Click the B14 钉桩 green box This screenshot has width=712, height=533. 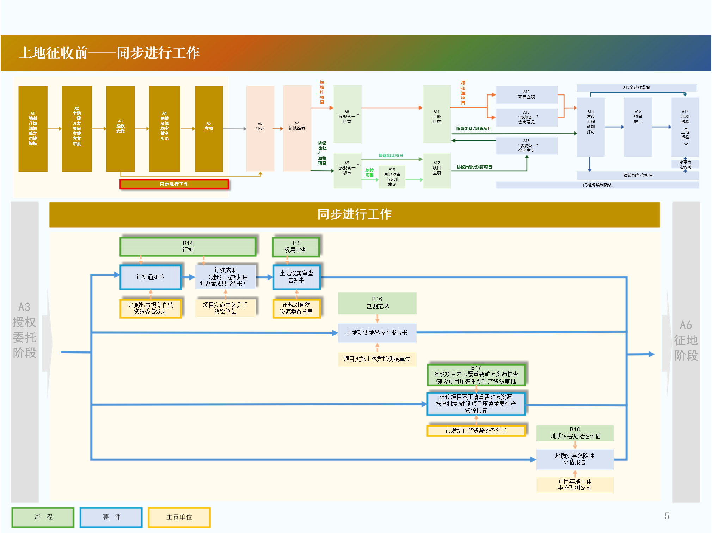click(x=188, y=246)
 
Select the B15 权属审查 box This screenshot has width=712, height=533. click(x=295, y=247)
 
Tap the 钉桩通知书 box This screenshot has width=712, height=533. click(x=151, y=277)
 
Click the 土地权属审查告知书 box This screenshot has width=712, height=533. click(x=296, y=277)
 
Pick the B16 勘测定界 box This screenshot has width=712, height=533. click(x=377, y=303)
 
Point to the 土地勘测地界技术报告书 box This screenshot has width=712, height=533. click(x=377, y=333)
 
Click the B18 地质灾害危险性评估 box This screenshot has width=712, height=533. click(x=575, y=433)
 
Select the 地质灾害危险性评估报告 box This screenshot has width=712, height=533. click(x=575, y=459)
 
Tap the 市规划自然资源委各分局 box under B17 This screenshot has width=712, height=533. click(x=476, y=431)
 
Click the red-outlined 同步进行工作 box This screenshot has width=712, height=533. click(x=174, y=184)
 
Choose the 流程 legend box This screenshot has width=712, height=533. click(x=43, y=517)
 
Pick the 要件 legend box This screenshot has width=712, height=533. click(x=111, y=517)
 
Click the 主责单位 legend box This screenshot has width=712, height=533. click(x=179, y=517)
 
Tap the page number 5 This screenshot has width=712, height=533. click(x=667, y=516)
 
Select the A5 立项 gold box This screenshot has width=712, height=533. click(x=209, y=129)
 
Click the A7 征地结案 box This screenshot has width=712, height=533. click(x=297, y=129)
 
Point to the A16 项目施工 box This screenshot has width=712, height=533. click(x=638, y=127)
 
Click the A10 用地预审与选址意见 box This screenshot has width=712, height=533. click(x=392, y=177)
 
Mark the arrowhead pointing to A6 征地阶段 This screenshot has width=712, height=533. click(x=652, y=354)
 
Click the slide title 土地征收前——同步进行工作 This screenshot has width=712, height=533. click(x=109, y=53)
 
